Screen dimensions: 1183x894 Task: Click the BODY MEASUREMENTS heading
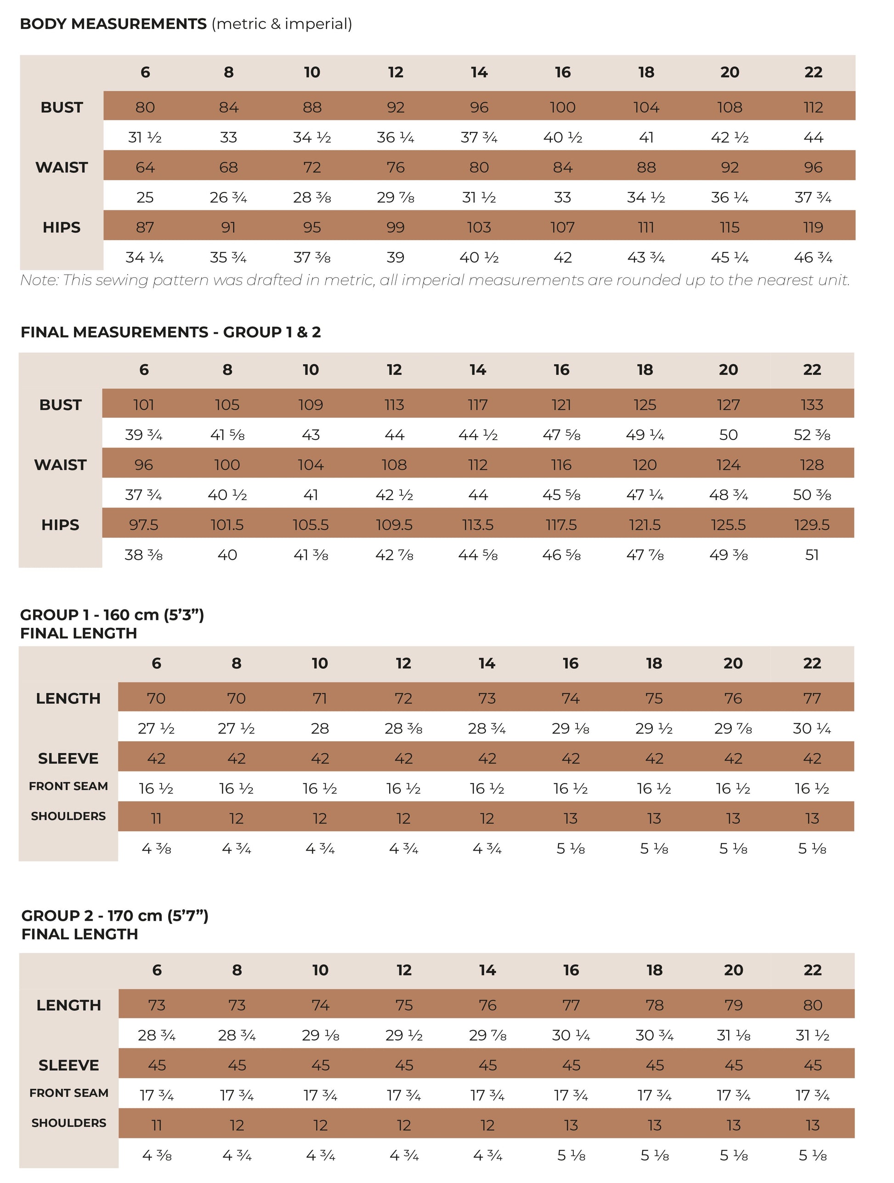(x=113, y=24)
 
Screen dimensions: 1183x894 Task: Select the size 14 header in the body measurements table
(x=479, y=72)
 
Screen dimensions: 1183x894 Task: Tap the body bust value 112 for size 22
(x=813, y=107)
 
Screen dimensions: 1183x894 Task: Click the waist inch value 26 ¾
(x=228, y=198)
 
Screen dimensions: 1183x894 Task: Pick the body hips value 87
(x=145, y=228)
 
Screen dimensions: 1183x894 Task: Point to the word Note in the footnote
(x=39, y=280)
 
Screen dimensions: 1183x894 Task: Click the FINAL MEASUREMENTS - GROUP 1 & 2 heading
(x=170, y=332)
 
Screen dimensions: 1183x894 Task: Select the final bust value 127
(x=728, y=405)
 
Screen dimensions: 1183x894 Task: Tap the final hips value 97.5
(x=143, y=524)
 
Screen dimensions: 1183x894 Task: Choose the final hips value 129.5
(x=812, y=524)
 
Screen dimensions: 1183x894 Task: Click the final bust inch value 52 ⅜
(x=812, y=435)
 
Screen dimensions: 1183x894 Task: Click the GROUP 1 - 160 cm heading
(x=112, y=615)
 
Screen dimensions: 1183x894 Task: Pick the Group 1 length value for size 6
(x=156, y=699)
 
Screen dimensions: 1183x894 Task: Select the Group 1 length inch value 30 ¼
(x=812, y=729)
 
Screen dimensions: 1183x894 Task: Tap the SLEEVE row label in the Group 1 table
(x=68, y=758)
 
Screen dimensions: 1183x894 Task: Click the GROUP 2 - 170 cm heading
(x=114, y=916)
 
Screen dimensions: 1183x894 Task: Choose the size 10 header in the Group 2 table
(x=320, y=970)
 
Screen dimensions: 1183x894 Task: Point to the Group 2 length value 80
(x=812, y=1005)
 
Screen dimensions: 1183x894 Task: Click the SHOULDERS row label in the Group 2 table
(x=68, y=1123)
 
